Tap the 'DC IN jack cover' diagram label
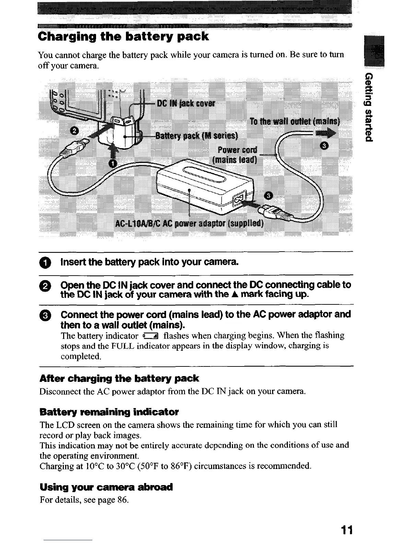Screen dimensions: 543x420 coord(186,104)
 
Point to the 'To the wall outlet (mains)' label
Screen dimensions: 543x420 coord(295,122)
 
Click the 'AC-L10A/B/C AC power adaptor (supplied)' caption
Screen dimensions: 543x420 coord(189,223)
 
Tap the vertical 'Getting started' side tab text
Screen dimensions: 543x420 coord(369,107)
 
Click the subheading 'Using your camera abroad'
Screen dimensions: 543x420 coord(106,487)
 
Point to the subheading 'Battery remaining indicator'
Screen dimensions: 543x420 coord(109,411)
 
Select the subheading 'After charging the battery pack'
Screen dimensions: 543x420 coord(119,378)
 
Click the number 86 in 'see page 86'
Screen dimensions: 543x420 coord(122,500)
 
